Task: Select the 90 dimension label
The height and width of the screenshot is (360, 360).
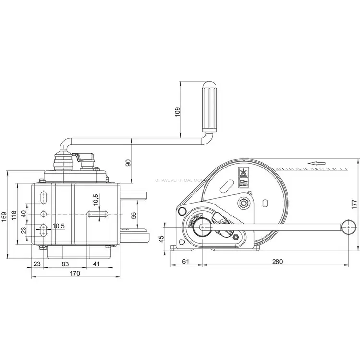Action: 128,162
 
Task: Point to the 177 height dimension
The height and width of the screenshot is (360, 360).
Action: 355,203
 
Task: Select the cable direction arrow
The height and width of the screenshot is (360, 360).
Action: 314,163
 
